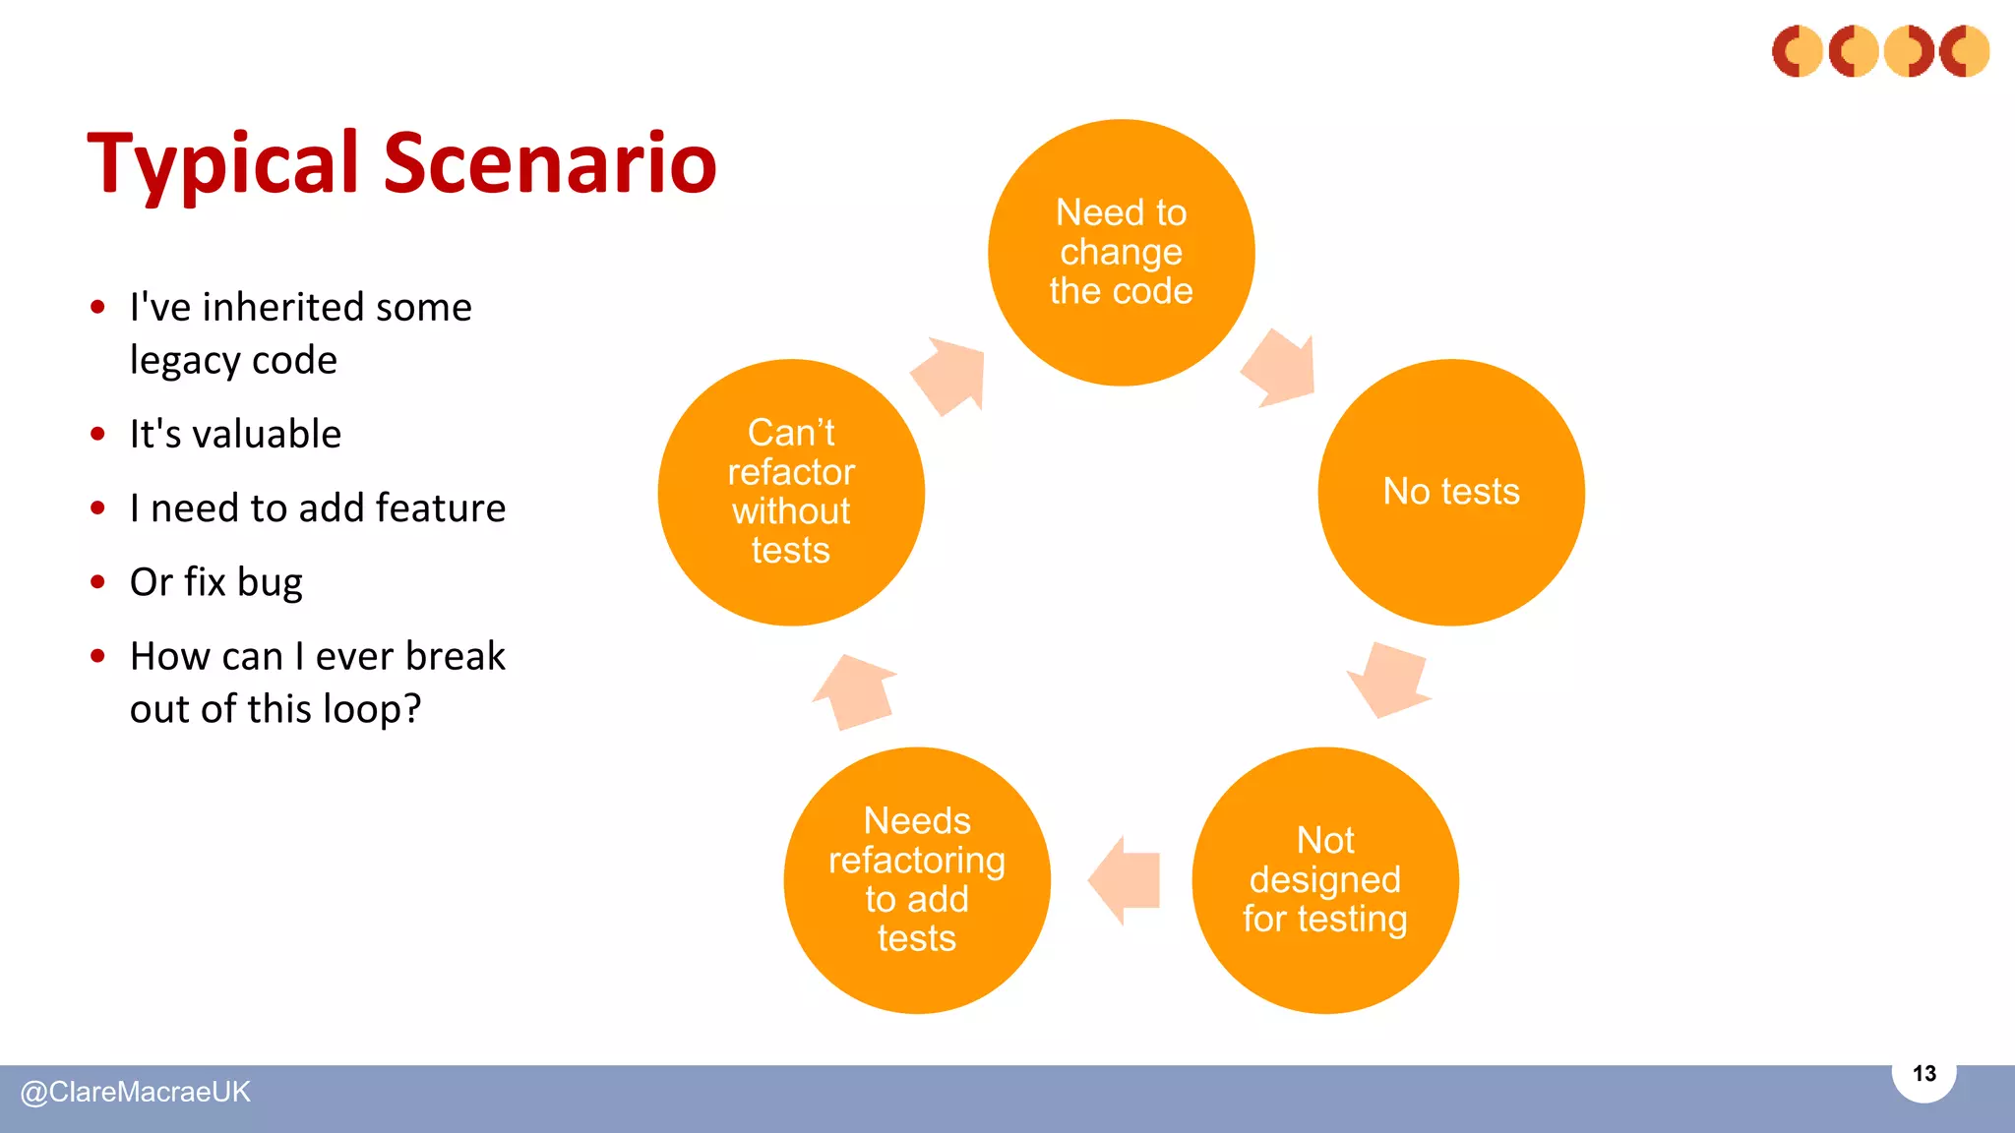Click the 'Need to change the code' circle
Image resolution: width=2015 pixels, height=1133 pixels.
(x=1121, y=253)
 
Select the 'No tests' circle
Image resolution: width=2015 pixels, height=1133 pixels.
(x=1451, y=492)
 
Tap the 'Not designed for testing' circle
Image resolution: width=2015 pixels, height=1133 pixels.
(x=1325, y=880)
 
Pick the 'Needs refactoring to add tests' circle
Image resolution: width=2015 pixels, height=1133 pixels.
(x=917, y=880)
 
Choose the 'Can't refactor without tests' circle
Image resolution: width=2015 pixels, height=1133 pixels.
(x=791, y=492)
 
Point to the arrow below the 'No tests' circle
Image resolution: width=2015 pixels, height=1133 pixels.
(x=1389, y=681)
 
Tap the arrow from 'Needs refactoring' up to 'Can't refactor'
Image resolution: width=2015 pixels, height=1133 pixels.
(x=854, y=692)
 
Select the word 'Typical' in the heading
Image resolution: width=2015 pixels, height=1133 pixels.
(x=224, y=164)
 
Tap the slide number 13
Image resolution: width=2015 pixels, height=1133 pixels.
(x=1923, y=1074)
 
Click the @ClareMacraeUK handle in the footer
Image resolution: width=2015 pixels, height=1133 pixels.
(x=136, y=1092)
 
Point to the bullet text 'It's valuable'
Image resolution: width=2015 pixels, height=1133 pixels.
(x=235, y=434)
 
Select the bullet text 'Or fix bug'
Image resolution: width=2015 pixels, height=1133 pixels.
(x=216, y=582)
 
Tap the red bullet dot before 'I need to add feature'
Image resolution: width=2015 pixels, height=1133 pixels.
(x=97, y=508)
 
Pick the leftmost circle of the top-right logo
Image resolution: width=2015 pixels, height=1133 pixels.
(x=1798, y=51)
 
